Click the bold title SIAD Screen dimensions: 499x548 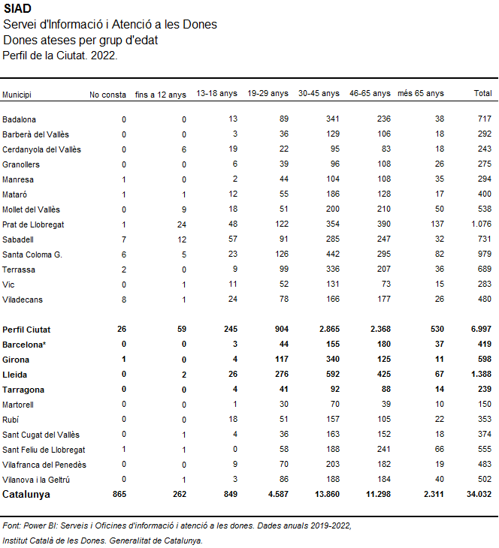click(17, 8)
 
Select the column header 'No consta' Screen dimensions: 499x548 click(107, 95)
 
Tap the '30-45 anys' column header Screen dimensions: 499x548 click(319, 93)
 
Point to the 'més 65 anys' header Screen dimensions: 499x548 click(421, 93)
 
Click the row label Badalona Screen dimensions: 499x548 click(19, 119)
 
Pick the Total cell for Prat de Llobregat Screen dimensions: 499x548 click(481, 224)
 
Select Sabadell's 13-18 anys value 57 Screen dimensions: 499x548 click(232, 239)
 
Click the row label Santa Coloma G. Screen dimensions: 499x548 click(32, 254)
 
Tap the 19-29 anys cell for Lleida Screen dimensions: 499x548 click(281, 374)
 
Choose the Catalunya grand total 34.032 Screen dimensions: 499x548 click(479, 494)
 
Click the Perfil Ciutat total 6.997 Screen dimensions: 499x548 click(481, 329)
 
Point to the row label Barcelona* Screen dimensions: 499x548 click(24, 345)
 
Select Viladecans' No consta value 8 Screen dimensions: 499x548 click(124, 300)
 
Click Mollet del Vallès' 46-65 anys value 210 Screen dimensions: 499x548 click(383, 209)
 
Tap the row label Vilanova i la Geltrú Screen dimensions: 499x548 click(36, 480)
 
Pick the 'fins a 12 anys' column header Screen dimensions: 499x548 click(161, 95)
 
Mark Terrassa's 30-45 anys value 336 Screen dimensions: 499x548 click(332, 269)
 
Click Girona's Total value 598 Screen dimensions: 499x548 click(484, 359)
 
